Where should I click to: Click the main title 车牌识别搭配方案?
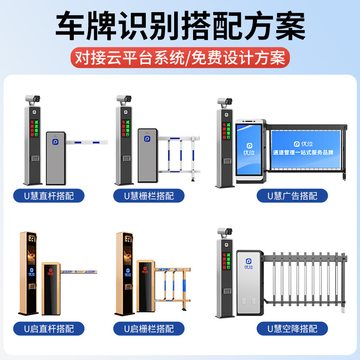180,26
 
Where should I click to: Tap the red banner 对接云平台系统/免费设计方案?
180,58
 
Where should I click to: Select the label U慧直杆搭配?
49,196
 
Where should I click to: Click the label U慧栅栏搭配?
149,196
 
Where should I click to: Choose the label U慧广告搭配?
292,196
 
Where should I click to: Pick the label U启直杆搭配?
49,328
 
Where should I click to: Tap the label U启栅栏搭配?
149,328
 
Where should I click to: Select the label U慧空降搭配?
292,328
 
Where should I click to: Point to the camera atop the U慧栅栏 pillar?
124,98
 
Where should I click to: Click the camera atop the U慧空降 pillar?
224,232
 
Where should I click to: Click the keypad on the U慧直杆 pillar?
34,159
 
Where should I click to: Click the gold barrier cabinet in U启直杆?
51,288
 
